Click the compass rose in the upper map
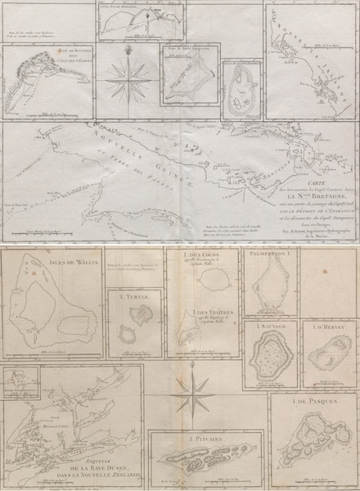128,79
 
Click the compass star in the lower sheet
193,398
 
